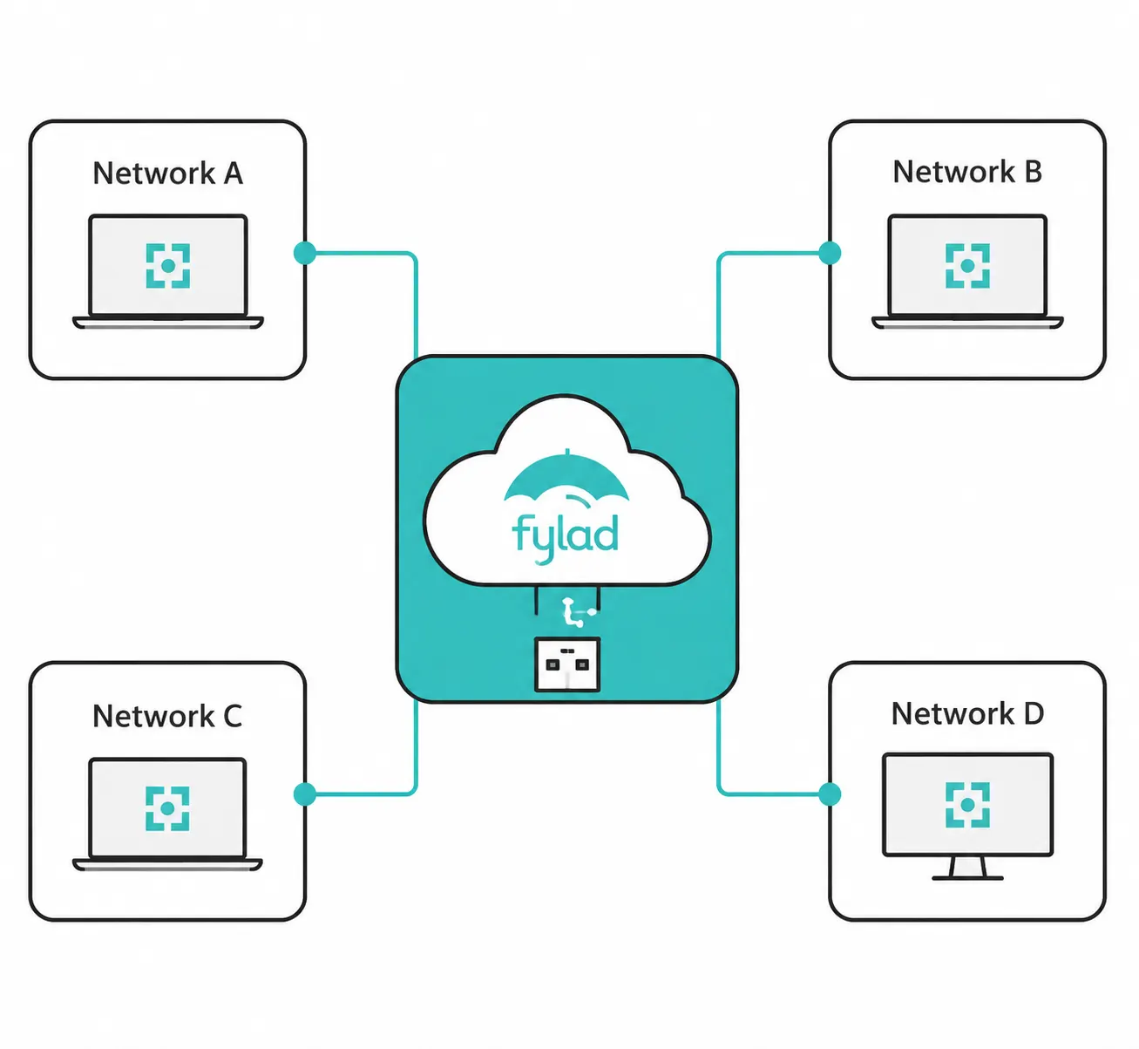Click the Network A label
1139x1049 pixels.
(x=168, y=174)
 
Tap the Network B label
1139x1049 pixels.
(x=967, y=172)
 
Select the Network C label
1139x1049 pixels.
(x=167, y=716)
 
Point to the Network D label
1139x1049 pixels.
(x=968, y=714)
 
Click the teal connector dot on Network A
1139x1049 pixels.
(x=305, y=253)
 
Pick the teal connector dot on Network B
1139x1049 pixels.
(x=830, y=253)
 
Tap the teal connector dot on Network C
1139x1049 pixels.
(x=305, y=794)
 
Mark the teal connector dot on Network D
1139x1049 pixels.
(x=830, y=794)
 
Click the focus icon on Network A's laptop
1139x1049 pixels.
(x=168, y=266)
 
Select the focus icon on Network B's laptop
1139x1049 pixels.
(x=967, y=266)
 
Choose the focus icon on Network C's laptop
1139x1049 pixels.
(x=167, y=808)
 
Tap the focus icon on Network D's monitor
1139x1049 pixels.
(x=967, y=805)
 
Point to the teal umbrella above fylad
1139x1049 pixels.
(x=566, y=477)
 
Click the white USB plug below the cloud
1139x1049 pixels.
(x=567, y=664)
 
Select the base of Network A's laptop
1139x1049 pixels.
(x=168, y=323)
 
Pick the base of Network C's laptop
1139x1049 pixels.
(x=167, y=865)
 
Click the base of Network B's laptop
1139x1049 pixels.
(x=967, y=323)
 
